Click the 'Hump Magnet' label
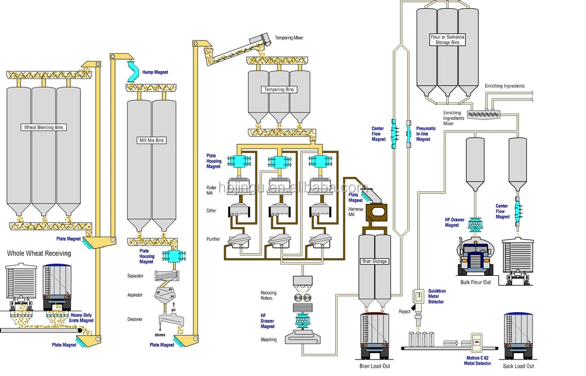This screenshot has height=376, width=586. pos(155,73)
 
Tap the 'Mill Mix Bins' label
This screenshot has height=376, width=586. pos(151,141)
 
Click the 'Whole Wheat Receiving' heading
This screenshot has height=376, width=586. pos(39,253)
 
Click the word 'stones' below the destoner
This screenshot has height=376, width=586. pos(160,335)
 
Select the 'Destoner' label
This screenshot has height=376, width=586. pos(135,319)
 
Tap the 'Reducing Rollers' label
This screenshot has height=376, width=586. pos(270,295)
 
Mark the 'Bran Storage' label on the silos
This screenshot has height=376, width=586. pos(375,261)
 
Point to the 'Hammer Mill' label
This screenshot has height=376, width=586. pos(356,212)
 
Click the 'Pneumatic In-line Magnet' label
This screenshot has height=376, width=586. pos(426,134)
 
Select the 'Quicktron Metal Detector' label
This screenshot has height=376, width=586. pos(436,296)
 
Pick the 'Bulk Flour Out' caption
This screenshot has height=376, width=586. pos(475,282)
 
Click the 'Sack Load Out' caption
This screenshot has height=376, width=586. pos(519,366)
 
